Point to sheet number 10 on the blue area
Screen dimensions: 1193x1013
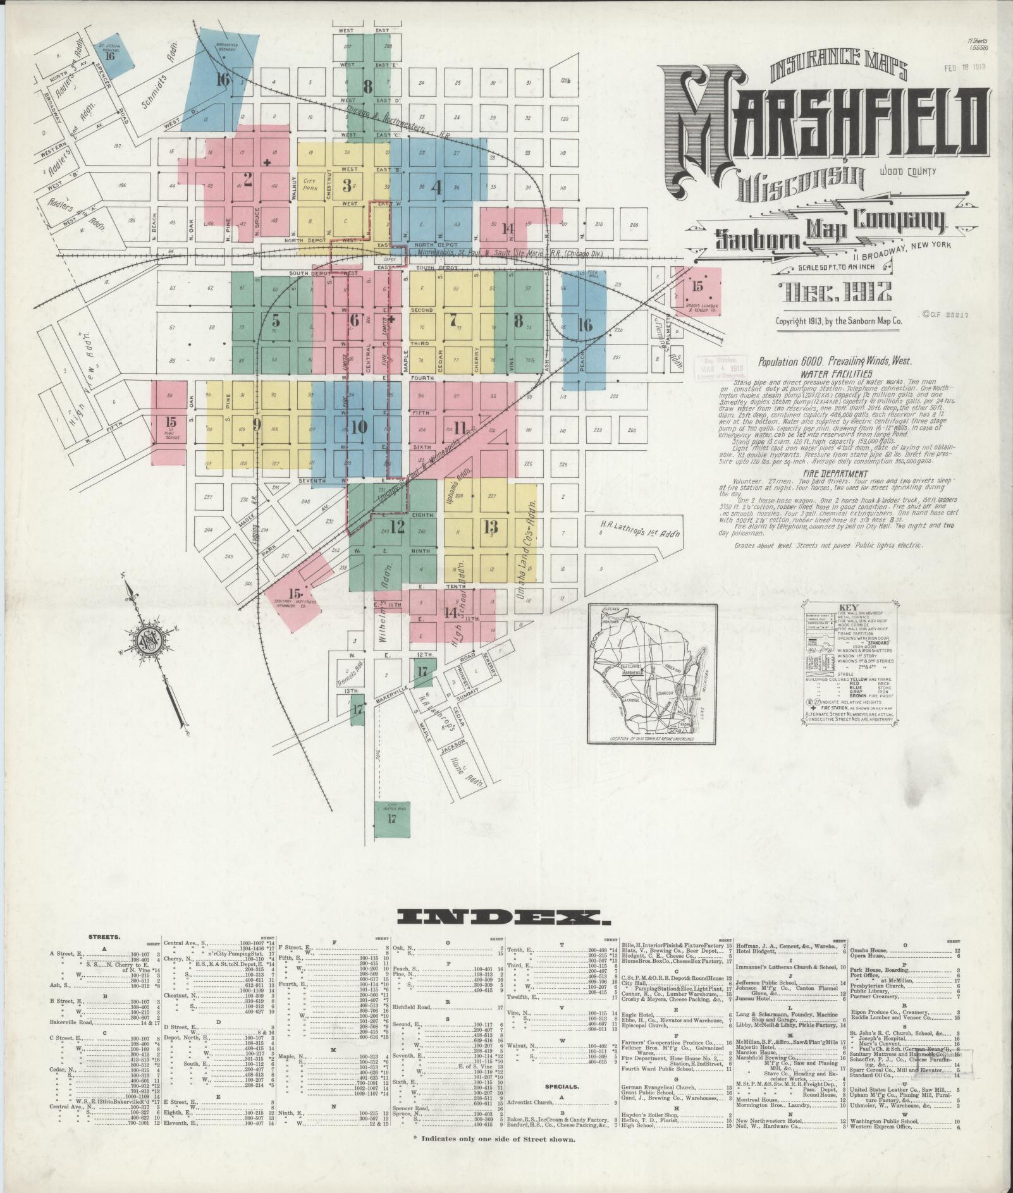(359, 427)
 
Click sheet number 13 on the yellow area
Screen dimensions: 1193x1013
(491, 527)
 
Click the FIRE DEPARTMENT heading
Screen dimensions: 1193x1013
(826, 474)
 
